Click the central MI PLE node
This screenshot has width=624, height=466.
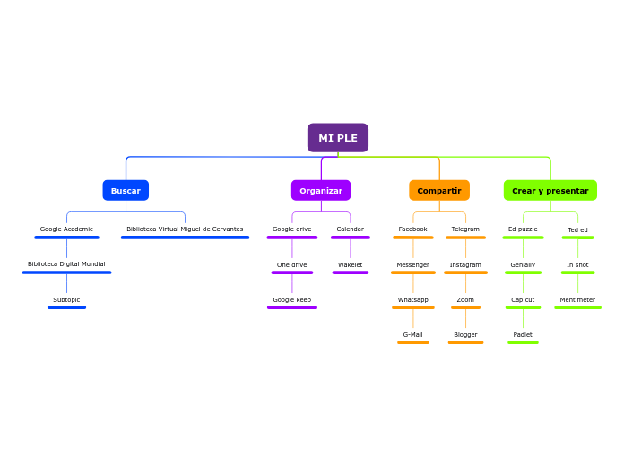[338, 138]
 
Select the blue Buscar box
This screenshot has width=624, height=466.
[126, 191]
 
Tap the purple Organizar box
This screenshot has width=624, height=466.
[321, 191]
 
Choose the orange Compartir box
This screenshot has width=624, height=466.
[439, 191]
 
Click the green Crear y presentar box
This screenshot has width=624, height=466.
[550, 191]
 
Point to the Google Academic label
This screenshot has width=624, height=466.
[66, 229]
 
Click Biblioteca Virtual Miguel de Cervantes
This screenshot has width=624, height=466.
[185, 229]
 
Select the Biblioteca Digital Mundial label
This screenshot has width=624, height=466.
[66, 264]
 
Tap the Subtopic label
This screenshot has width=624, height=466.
[66, 300]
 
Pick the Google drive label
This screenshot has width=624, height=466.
[292, 229]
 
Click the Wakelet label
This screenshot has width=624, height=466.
[351, 265]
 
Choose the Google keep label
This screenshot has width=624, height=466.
[292, 300]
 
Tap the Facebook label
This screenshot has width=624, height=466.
[413, 229]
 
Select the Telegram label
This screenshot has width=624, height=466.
[465, 229]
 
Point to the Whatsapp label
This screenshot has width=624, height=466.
[413, 300]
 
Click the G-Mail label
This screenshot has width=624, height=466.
[413, 335]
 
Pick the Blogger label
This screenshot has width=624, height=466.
[465, 335]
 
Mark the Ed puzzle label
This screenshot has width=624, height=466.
[523, 229]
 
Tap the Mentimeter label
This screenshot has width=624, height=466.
[577, 300]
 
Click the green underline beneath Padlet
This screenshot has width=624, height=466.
[523, 342]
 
